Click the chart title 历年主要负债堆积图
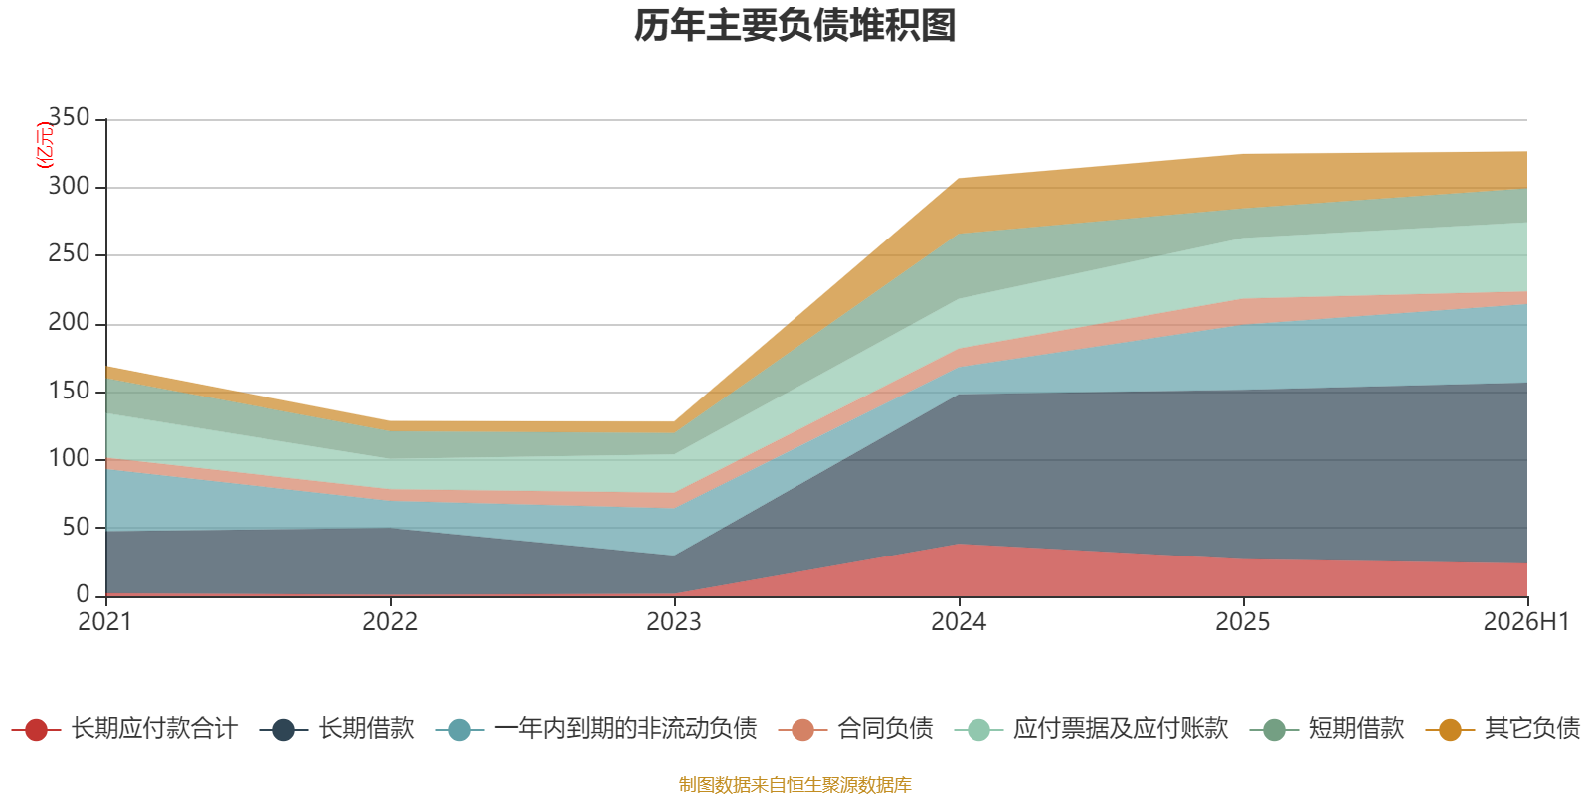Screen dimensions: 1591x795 [x=795, y=26]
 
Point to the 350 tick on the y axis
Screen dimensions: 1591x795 [x=69, y=117]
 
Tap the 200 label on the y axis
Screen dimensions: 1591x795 [x=69, y=322]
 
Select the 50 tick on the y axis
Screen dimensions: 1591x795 [x=76, y=527]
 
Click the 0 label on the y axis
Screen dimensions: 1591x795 [x=84, y=594]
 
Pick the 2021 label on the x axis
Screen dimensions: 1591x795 [x=105, y=622]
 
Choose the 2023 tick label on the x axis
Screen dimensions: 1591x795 [x=674, y=622]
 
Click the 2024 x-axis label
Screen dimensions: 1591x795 [x=959, y=622]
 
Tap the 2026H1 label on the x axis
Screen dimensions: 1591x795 [x=1526, y=622]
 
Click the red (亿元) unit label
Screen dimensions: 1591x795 [x=44, y=145]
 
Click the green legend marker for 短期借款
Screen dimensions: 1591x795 [x=1274, y=730]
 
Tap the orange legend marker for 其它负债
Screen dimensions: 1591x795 [x=1451, y=730]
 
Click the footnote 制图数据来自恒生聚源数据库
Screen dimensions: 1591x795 [x=795, y=784]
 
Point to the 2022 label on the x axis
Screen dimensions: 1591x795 [x=390, y=622]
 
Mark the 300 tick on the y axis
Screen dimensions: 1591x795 [x=69, y=186]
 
